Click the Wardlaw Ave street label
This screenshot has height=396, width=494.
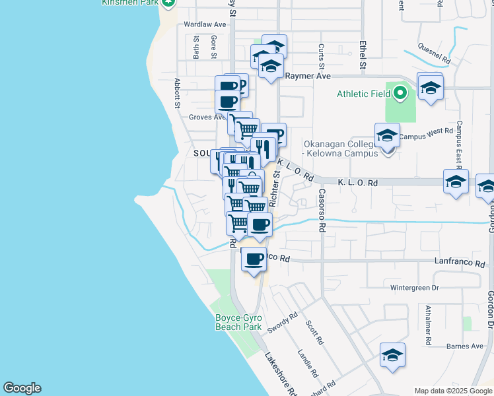pos(205,24)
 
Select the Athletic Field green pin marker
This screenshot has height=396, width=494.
pos(400,94)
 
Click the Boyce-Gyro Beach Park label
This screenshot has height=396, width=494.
pos(238,322)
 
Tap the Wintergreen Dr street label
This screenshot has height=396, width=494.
pos(414,288)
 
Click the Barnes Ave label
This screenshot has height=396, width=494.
pos(464,346)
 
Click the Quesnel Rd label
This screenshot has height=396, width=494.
pos(435,54)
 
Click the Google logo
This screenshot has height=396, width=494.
pos(22,388)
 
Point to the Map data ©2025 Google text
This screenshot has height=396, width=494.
pos(454,391)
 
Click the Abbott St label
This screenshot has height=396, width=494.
pos(177,92)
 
